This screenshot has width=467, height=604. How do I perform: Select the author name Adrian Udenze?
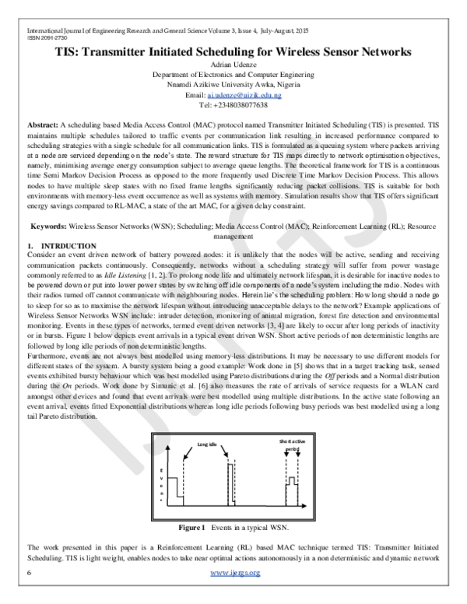coord(233,67)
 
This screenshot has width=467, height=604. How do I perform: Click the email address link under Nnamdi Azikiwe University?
coord(244,94)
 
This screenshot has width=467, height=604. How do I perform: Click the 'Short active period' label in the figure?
coord(289,445)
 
